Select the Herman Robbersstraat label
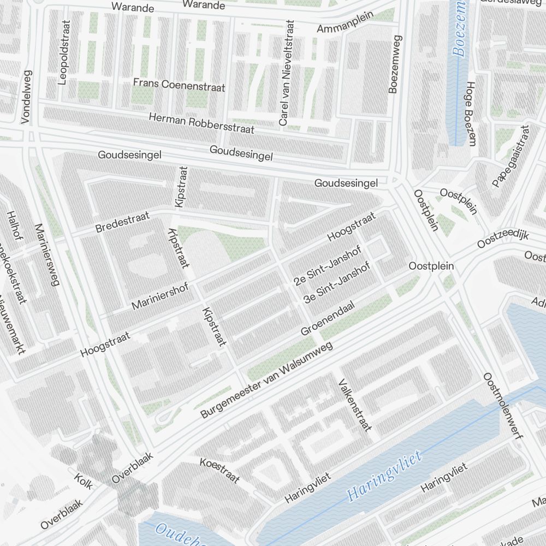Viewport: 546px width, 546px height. click(201, 123)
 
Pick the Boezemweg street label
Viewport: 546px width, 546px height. click(395, 64)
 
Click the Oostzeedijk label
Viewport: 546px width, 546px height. click(503, 239)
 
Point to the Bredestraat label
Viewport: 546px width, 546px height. click(122, 223)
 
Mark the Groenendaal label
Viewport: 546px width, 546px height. click(328, 319)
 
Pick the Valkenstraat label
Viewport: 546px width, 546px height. click(355, 405)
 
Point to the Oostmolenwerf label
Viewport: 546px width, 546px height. click(503, 406)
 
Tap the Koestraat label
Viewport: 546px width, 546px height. click(220, 470)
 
